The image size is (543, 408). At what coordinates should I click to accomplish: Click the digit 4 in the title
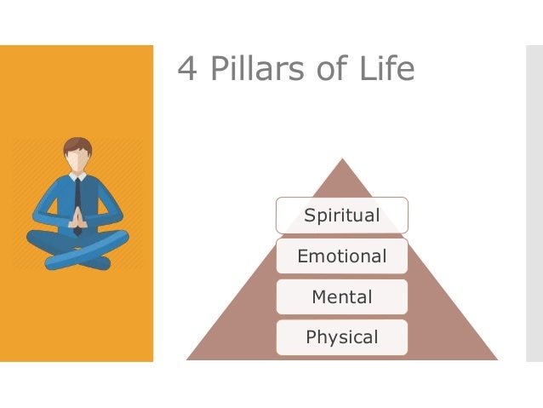click(x=187, y=69)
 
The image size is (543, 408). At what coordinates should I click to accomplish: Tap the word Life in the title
click(x=386, y=68)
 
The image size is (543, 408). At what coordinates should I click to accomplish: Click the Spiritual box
click(x=341, y=215)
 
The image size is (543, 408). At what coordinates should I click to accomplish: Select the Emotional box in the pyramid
click(x=341, y=256)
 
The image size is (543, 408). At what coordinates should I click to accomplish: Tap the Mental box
click(x=341, y=297)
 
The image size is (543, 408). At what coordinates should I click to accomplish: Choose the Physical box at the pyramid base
click(x=341, y=337)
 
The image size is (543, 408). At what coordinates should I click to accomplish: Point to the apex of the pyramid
click(x=342, y=160)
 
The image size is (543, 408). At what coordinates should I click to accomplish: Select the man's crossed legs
click(x=77, y=248)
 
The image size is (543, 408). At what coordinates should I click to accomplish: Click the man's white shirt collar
click(x=77, y=177)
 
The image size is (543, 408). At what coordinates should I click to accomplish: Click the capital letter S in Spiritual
click(x=310, y=215)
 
